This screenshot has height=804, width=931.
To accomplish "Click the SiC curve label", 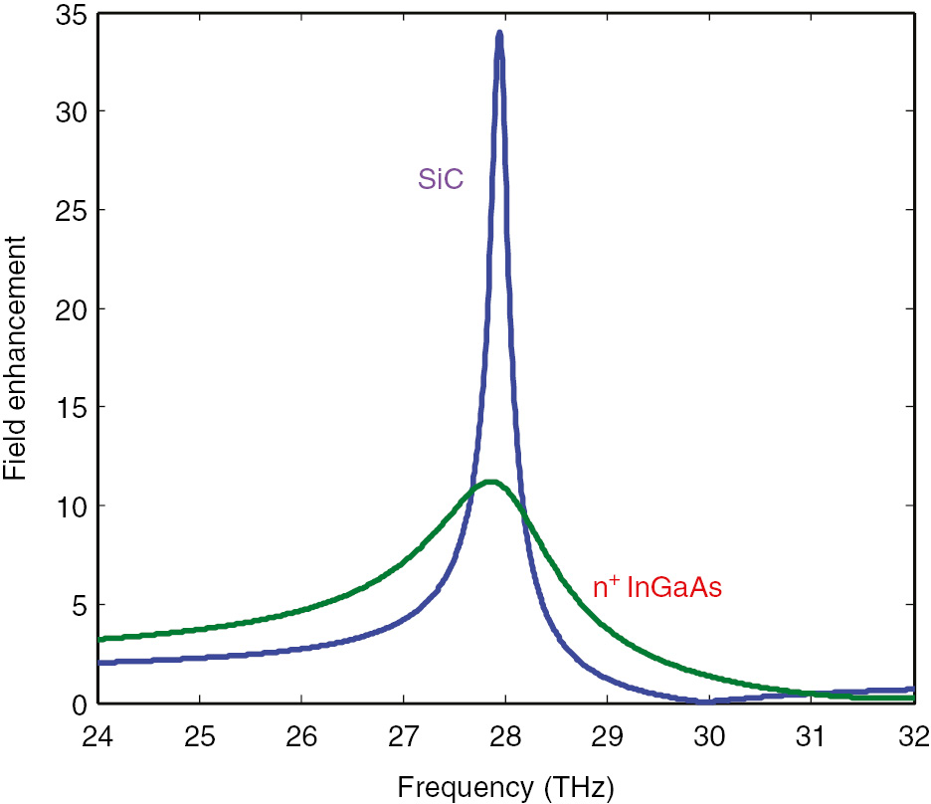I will point(440,181).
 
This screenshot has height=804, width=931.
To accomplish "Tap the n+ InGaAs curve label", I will point(656,588).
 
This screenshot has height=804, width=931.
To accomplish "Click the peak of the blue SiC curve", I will point(499,34).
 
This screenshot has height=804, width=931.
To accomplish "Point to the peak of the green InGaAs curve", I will point(489,482).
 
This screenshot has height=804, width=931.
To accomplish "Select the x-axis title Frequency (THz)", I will point(506,787).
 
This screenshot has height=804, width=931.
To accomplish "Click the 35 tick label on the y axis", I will point(71,14).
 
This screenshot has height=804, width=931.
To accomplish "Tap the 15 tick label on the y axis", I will point(71,408).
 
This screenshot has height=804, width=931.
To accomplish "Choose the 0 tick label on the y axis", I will point(78,703).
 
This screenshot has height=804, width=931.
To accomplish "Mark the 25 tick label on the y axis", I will point(71,211).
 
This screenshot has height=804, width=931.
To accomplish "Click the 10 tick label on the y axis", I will point(71,506).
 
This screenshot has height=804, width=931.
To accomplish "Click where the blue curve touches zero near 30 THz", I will point(706,702).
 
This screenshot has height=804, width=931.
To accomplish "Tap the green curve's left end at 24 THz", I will point(101,639).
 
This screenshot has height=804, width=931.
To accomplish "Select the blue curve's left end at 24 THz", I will point(101,662).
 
